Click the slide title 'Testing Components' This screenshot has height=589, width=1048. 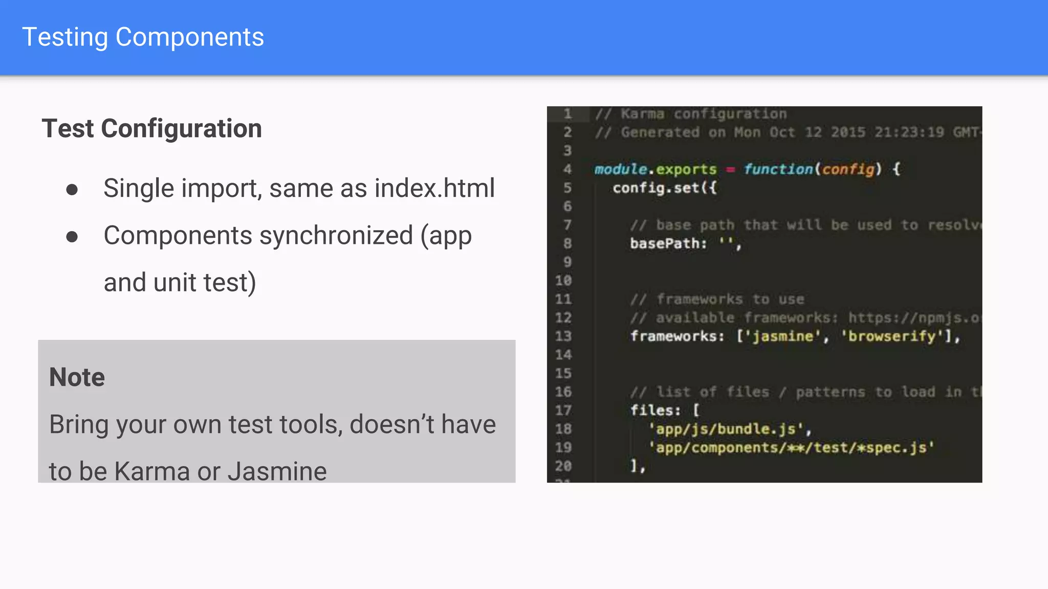pyautogui.click(x=143, y=37)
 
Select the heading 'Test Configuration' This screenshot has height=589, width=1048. pyautogui.click(x=151, y=128)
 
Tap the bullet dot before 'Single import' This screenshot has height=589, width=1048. pyautogui.click(x=72, y=190)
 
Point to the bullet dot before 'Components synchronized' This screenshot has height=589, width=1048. pyautogui.click(x=72, y=237)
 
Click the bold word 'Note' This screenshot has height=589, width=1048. pyautogui.click(x=77, y=377)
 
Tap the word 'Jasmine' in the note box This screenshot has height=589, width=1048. pyautogui.click(x=277, y=471)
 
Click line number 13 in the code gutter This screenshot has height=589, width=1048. pyautogui.click(x=563, y=336)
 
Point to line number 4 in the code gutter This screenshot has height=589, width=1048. pyautogui.click(x=567, y=169)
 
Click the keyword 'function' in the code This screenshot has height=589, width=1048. pyautogui.click(x=778, y=169)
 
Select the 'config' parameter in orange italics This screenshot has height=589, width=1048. pyautogui.click(x=848, y=169)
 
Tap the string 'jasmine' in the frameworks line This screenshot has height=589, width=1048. pyautogui.click(x=782, y=336)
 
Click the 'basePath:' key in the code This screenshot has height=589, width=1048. pyautogui.click(x=668, y=243)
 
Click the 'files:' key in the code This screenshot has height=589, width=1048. pyautogui.click(x=656, y=411)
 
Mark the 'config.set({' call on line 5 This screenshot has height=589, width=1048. pyautogui.click(x=665, y=188)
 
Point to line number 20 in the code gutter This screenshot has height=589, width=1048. pyautogui.click(x=563, y=466)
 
